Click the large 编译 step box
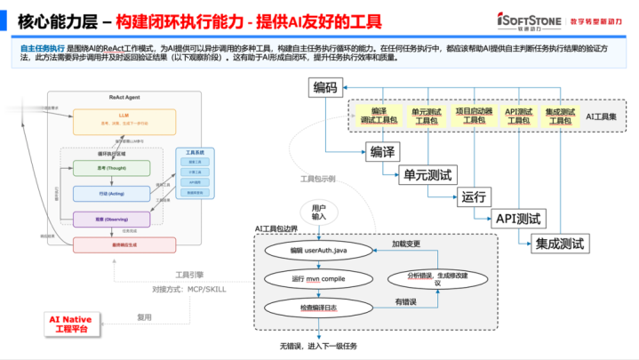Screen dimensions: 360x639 pos(383,150)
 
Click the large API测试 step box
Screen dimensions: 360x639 pos(521,219)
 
